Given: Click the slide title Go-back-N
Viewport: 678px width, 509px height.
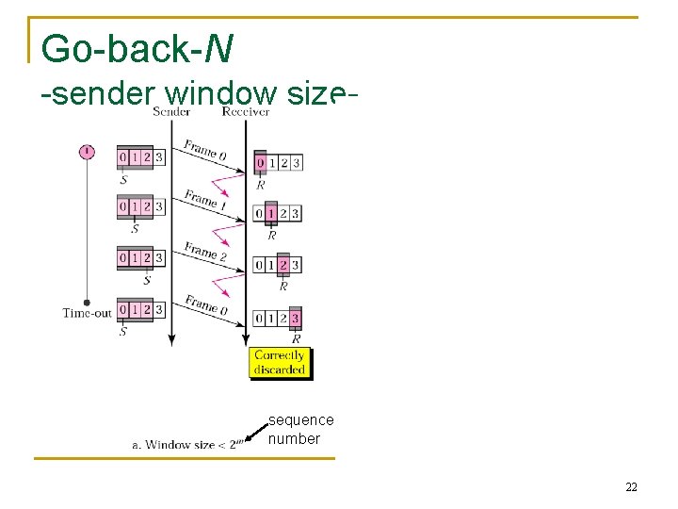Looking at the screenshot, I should [x=137, y=48].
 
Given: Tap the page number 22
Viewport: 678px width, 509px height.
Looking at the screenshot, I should [x=631, y=486].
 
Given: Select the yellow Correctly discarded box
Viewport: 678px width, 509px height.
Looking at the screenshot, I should [x=280, y=363].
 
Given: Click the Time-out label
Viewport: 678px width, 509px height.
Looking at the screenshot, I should [x=87, y=313].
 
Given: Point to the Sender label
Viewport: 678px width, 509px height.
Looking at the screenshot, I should [x=171, y=111].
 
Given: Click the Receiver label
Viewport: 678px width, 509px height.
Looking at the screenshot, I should [x=246, y=111].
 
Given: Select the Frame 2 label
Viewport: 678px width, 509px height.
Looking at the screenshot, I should [x=205, y=252].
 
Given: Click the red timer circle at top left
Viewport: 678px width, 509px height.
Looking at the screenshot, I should [x=87, y=152].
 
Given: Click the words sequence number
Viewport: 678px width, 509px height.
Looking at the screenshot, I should [x=301, y=429].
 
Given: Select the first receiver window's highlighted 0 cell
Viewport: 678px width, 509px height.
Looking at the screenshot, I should [x=261, y=163].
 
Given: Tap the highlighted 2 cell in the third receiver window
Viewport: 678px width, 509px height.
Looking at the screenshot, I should [x=283, y=266].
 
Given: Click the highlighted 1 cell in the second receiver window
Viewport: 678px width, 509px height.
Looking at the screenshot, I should [x=272, y=214].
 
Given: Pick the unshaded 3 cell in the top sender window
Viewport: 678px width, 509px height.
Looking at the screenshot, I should [x=159, y=156].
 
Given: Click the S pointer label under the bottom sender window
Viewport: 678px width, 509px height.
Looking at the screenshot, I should [x=123, y=332].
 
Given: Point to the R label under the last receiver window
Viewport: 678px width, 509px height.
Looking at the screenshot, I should [x=296, y=338].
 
